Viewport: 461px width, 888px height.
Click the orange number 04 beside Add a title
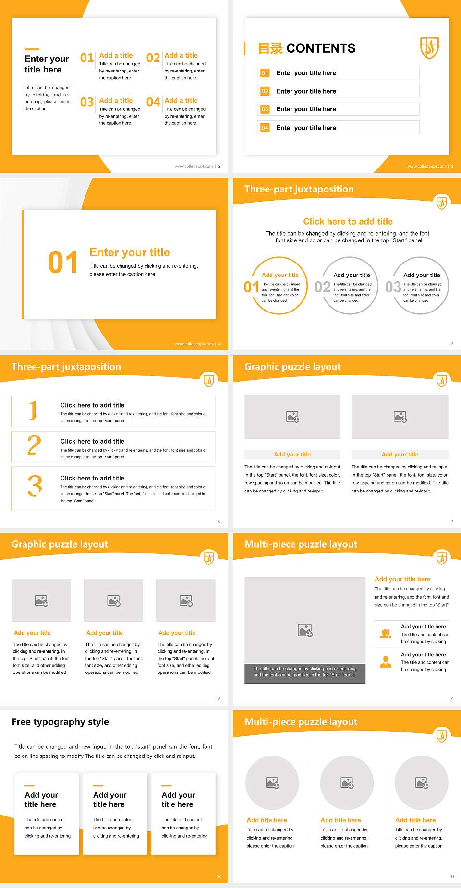click(153, 102)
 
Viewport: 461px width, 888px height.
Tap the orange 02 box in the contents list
click(265, 91)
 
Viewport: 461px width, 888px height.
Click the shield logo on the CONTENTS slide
click(429, 48)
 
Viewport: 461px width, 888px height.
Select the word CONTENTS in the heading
click(321, 48)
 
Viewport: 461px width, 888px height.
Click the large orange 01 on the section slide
click(62, 263)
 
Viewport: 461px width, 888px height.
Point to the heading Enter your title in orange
click(129, 252)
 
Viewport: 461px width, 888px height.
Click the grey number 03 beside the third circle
click(393, 287)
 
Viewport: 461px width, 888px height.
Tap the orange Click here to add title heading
click(348, 221)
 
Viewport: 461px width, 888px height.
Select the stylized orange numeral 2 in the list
click(34, 445)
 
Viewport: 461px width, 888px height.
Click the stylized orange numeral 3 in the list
click(35, 486)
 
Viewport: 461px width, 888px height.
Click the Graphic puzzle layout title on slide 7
click(292, 367)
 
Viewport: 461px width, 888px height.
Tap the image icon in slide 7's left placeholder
click(292, 417)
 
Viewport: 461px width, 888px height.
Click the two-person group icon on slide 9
click(386, 634)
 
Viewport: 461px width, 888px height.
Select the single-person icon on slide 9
click(386, 662)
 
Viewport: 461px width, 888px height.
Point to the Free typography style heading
click(60, 722)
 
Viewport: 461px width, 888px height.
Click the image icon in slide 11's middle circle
click(347, 783)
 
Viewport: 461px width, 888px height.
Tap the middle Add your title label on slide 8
click(105, 633)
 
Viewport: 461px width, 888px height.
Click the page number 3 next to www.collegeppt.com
click(452, 166)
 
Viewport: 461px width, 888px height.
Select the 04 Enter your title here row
click(338, 128)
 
